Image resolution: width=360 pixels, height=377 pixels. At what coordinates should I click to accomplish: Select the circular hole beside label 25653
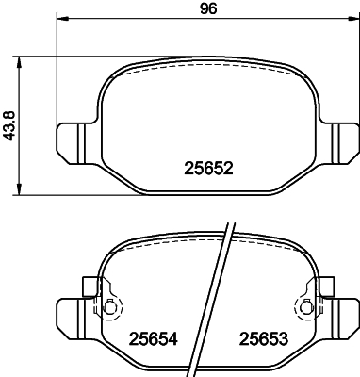tap(305, 307)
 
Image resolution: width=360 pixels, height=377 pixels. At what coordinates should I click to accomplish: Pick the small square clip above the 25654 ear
tap(90, 285)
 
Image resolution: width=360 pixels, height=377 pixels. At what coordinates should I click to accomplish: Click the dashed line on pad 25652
tap(207, 71)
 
